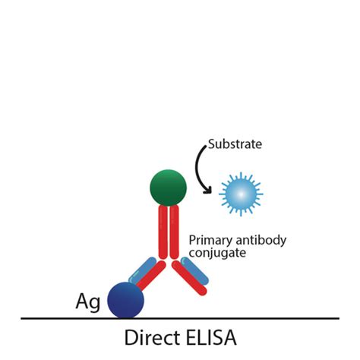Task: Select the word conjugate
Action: click(217, 254)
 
